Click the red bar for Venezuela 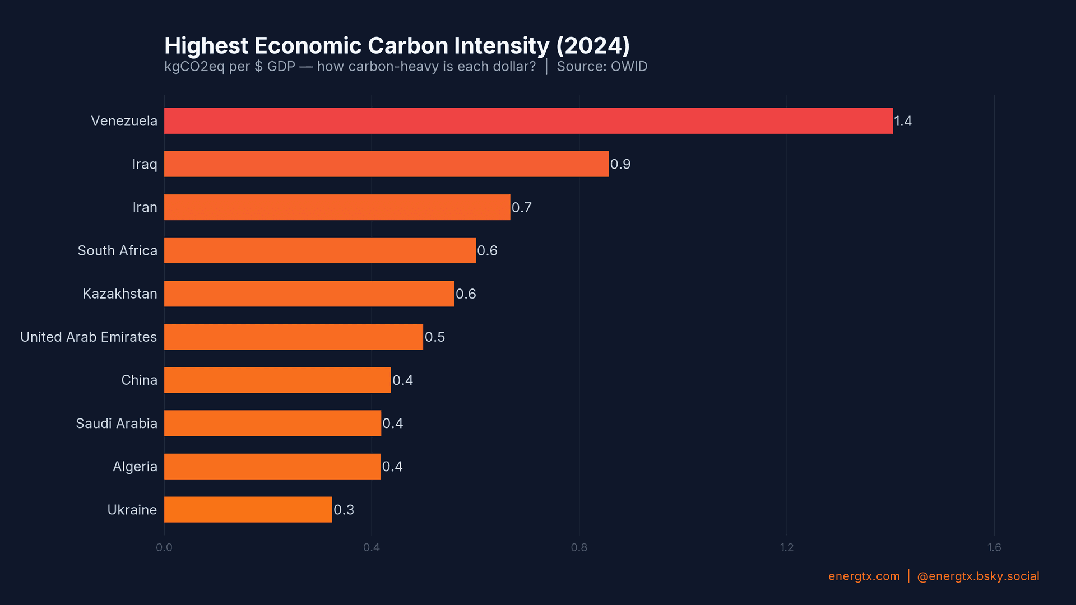(x=528, y=121)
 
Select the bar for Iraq (x=386, y=164)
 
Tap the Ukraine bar (x=248, y=510)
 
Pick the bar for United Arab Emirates (x=293, y=337)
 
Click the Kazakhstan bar (x=309, y=294)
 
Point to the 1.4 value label (x=902, y=121)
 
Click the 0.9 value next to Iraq (x=620, y=164)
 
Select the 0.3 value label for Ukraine (x=344, y=510)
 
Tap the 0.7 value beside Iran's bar (x=521, y=207)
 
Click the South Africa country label (x=117, y=250)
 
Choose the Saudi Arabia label (x=116, y=424)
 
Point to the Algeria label (x=134, y=467)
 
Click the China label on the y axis (x=139, y=380)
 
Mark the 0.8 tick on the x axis (x=579, y=547)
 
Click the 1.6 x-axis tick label (x=994, y=547)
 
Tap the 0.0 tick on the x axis (x=164, y=547)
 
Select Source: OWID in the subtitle (x=601, y=67)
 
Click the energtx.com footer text (x=864, y=576)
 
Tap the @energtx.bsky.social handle (x=977, y=576)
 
